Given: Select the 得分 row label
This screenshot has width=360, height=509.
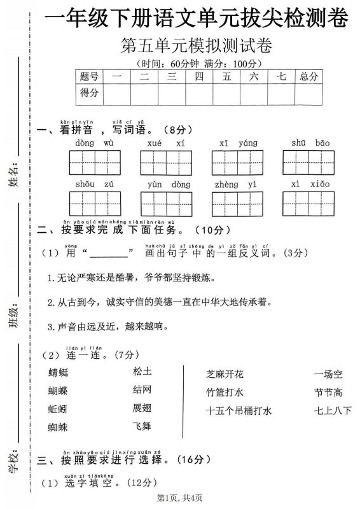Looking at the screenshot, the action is click(x=89, y=93).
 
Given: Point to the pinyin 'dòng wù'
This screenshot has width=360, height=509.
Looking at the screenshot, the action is click(x=94, y=143).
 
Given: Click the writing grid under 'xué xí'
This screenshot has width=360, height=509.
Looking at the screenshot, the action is click(x=166, y=163).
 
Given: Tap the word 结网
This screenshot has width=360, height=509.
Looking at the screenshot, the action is click(x=142, y=389).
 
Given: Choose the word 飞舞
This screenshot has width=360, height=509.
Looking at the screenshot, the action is click(x=142, y=426).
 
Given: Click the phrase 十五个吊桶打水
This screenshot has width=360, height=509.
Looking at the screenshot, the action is click(x=239, y=410).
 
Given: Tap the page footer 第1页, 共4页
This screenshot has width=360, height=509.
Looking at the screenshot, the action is click(x=179, y=497).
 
